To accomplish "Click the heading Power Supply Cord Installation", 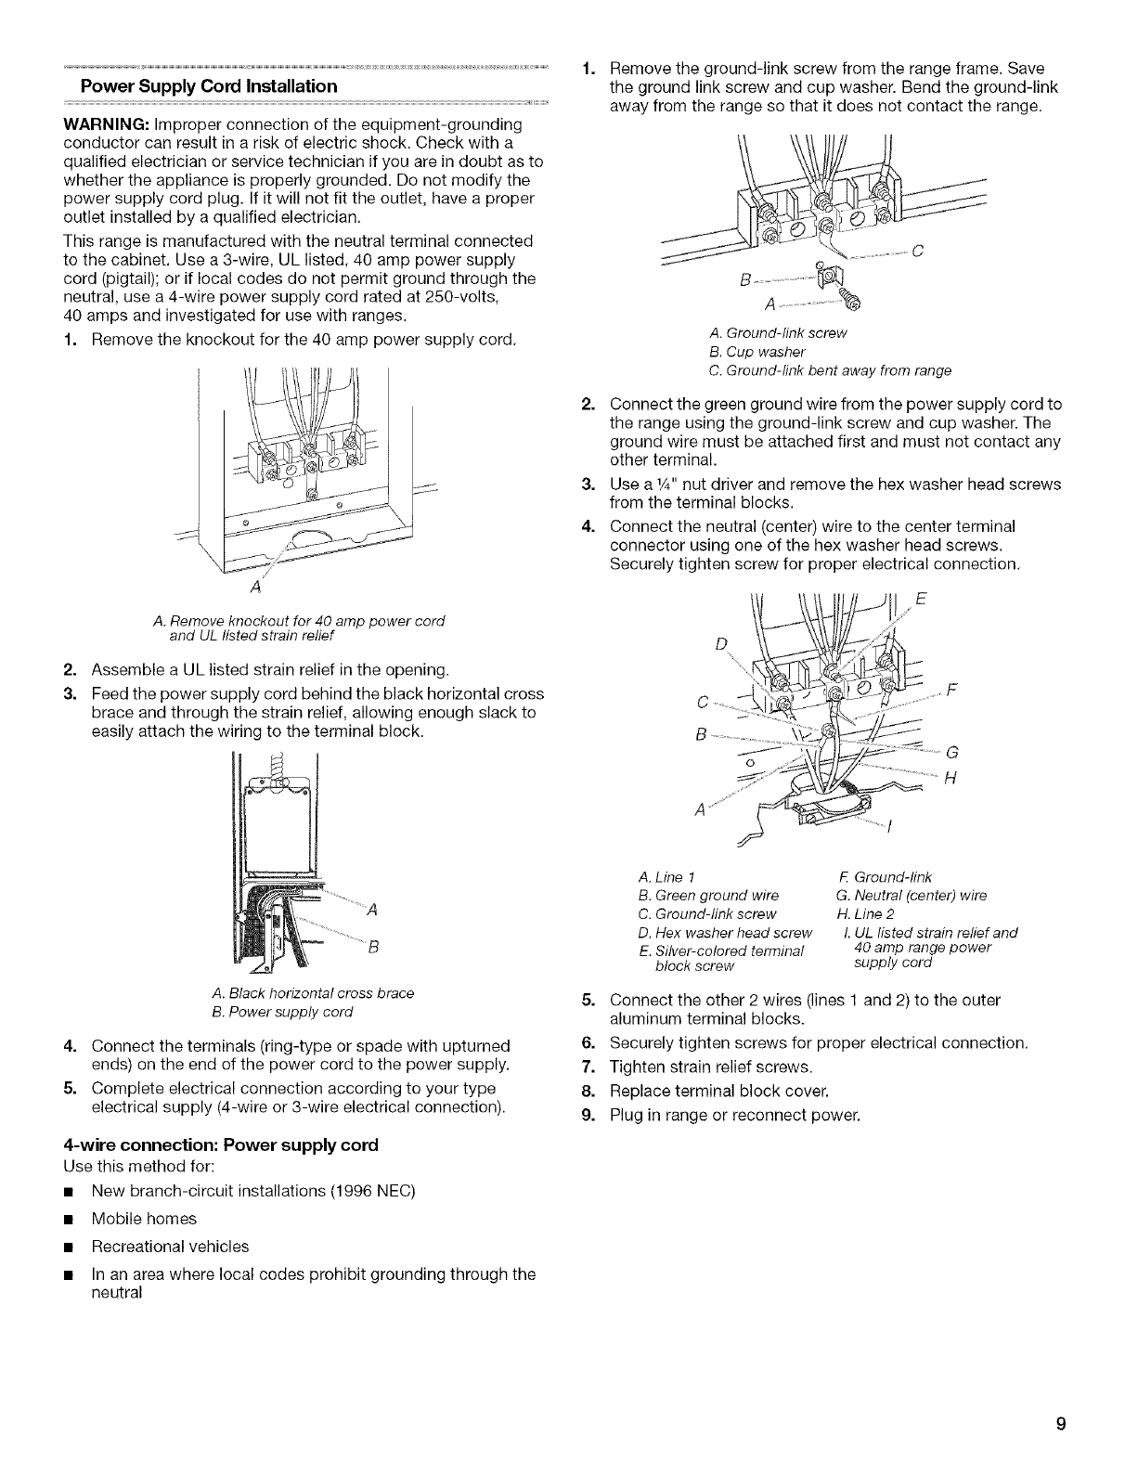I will click(209, 86).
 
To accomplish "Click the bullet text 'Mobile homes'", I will click(144, 1218).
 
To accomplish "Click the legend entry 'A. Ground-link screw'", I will click(777, 332).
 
